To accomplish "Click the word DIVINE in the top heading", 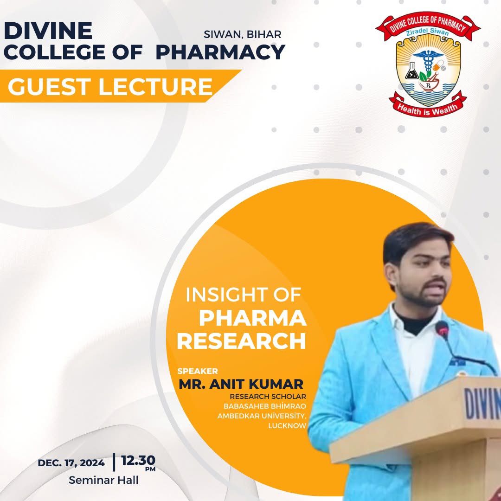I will click(x=48, y=31).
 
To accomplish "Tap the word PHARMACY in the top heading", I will click(x=220, y=52).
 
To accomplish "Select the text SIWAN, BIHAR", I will click(x=242, y=34).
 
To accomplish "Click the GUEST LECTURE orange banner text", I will click(x=110, y=86).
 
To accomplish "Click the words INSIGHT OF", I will click(x=244, y=295).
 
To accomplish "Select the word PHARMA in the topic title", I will click(x=253, y=318).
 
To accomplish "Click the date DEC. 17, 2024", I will click(x=71, y=463).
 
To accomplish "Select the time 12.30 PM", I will click(x=138, y=462).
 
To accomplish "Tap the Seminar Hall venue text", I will click(x=103, y=480).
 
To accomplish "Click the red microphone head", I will click(x=442, y=328).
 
